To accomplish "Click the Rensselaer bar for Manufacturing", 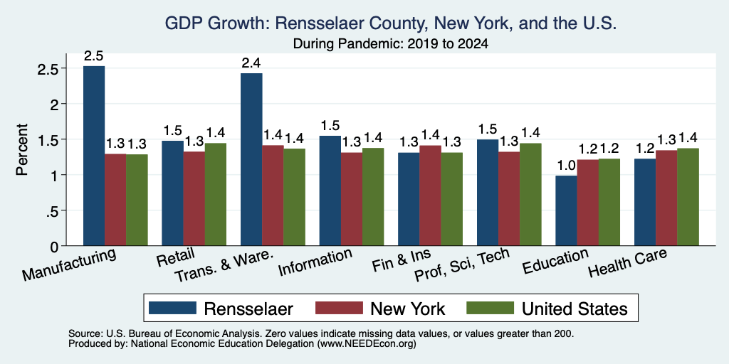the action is click(94, 156).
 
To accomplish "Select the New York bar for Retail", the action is click(194, 199).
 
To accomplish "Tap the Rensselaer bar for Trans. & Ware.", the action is click(251, 159).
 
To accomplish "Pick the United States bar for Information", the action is click(373, 197).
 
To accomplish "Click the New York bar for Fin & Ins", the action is click(430, 196).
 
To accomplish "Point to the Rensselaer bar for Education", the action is click(566, 210).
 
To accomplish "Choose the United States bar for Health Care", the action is click(688, 197).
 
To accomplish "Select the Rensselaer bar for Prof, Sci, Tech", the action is click(488, 193).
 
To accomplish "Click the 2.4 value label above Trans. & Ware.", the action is click(251, 63).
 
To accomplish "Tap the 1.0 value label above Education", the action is click(566, 165).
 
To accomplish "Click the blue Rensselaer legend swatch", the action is click(172, 309).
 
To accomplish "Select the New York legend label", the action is click(408, 309).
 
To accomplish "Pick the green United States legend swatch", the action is click(490, 309).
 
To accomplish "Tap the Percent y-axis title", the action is click(22, 149).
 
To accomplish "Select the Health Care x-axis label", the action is click(627, 262).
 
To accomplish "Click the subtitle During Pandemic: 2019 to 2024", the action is click(390, 44).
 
